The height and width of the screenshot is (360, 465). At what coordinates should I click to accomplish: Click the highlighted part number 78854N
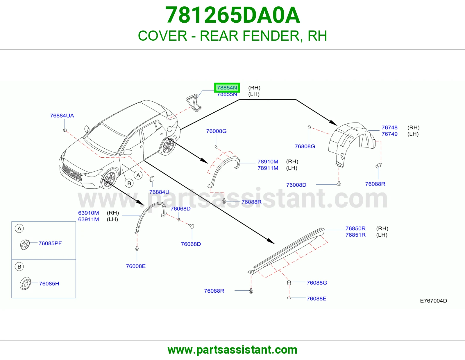[x=227, y=88]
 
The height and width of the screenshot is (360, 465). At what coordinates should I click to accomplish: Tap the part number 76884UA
[x=62, y=116]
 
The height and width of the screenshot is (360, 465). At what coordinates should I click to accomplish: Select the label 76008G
[x=216, y=131]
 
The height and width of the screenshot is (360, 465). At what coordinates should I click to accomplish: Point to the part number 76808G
[x=305, y=146]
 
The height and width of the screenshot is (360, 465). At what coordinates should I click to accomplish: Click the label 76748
[x=389, y=127]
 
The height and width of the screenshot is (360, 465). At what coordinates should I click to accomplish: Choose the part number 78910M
[x=268, y=161]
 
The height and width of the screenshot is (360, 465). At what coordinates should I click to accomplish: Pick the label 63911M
[x=88, y=219]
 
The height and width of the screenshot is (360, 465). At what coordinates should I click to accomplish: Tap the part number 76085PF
[x=50, y=243]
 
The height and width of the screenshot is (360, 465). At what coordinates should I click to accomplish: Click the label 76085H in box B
[x=49, y=284]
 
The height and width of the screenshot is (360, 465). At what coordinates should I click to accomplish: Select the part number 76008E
[x=136, y=266]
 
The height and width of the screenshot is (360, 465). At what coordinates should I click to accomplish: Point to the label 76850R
[x=355, y=228]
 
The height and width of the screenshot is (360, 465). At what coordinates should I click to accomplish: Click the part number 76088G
[x=317, y=283]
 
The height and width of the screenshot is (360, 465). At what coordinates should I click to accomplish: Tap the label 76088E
[x=316, y=299]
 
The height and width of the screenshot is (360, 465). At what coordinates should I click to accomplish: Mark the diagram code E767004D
[x=433, y=301]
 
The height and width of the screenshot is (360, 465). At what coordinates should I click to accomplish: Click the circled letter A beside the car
[x=138, y=175]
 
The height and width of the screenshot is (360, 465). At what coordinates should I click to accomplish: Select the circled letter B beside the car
[x=129, y=183]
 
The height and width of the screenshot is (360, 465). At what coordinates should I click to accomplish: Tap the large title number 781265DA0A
[x=233, y=15]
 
